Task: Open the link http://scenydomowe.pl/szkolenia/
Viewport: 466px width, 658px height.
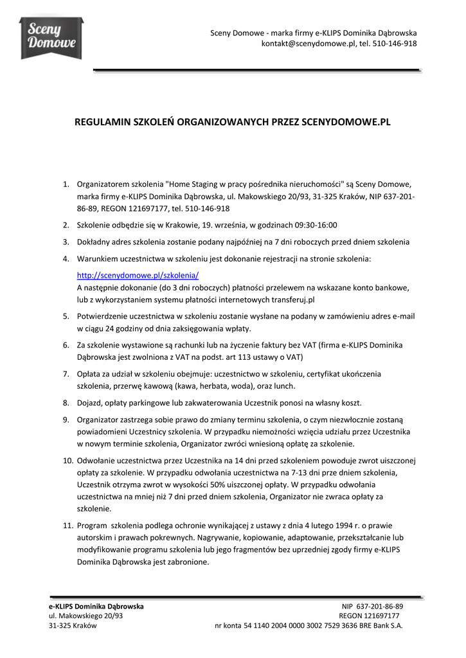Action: click(x=138, y=275)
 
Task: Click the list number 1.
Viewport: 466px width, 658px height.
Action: click(x=66, y=184)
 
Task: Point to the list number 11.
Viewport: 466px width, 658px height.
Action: click(x=67, y=526)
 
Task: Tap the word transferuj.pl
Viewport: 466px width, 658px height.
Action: click(x=293, y=299)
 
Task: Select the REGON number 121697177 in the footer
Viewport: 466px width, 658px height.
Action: click(x=384, y=616)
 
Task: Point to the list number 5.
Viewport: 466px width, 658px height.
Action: click(x=66, y=316)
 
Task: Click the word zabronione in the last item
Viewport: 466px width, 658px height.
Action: click(x=186, y=562)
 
